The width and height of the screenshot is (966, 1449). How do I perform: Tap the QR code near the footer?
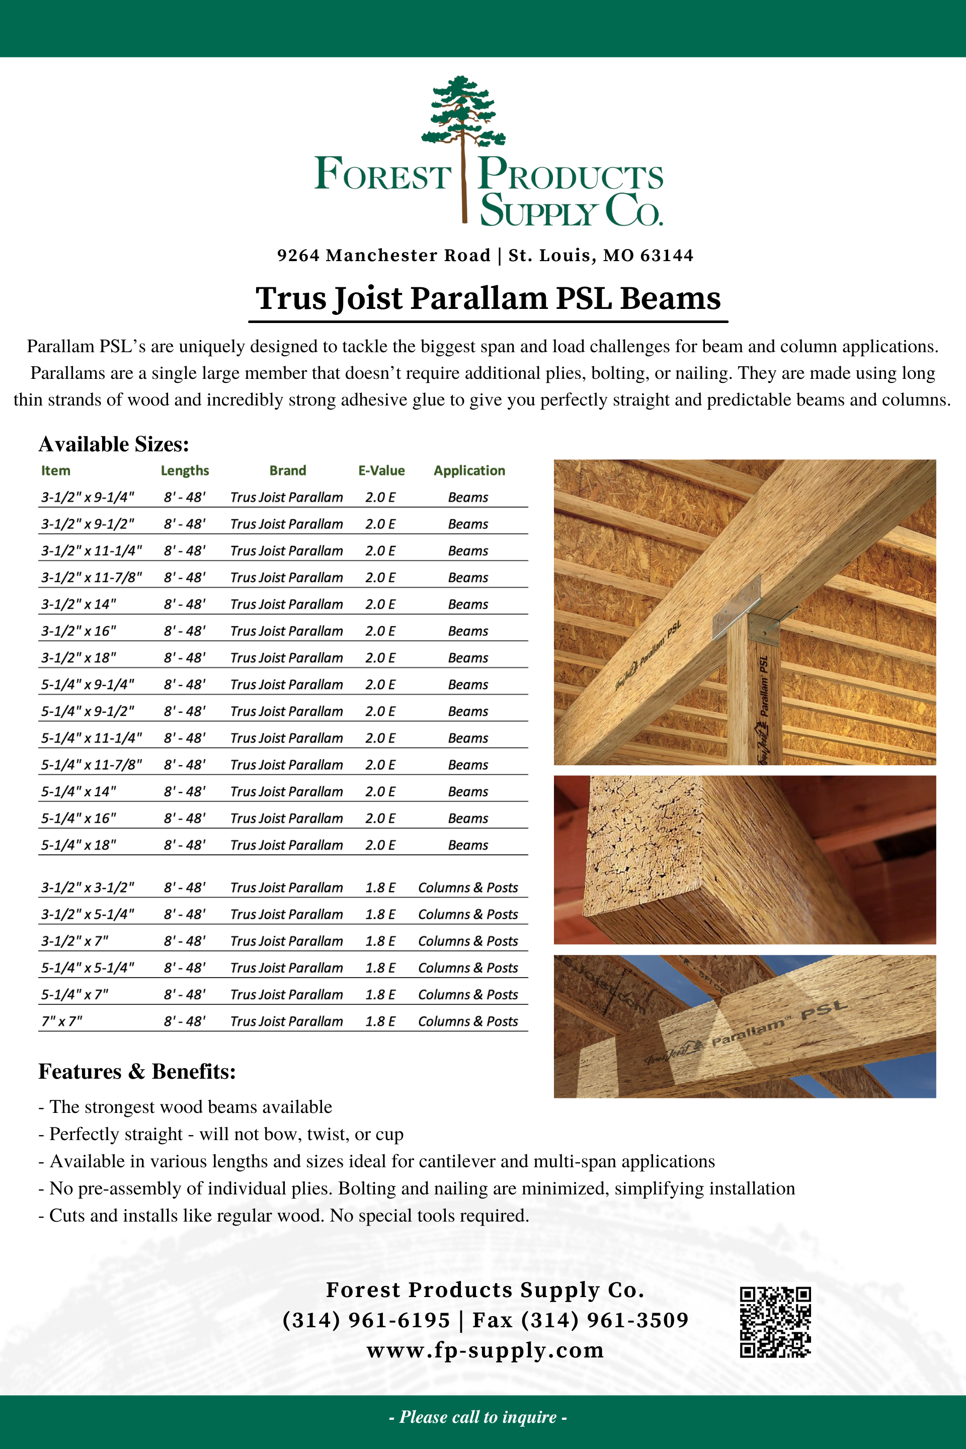[775, 1322]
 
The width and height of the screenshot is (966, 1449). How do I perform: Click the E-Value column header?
[381, 471]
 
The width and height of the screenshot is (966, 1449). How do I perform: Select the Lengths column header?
[185, 471]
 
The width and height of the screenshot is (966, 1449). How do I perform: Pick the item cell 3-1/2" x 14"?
[78, 604]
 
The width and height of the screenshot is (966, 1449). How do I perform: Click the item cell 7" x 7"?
[61, 1021]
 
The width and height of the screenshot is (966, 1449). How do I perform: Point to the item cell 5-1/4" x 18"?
[78, 845]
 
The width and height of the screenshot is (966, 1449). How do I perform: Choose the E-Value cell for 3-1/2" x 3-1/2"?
[380, 888]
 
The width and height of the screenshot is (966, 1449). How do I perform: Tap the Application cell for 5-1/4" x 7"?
[467, 995]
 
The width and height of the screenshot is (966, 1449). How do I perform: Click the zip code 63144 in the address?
[667, 256]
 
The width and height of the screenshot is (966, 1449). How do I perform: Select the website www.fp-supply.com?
[485, 1350]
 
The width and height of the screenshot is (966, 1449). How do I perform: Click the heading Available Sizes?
[114, 444]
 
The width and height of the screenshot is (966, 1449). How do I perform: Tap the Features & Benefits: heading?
[137, 1071]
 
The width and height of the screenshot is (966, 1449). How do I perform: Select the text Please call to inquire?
[478, 1417]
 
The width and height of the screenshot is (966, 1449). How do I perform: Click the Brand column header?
[288, 471]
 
